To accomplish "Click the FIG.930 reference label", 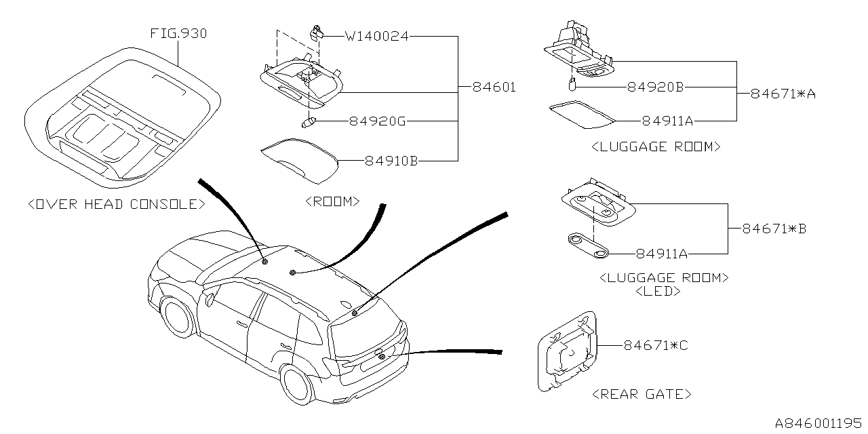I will [178, 33].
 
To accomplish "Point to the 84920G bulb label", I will [378, 121].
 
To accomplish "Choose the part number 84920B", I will [654, 87].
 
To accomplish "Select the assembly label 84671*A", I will [783, 94].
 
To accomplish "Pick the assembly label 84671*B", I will [774, 229].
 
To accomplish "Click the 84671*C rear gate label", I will [656, 346].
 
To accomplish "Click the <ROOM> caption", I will [332, 201].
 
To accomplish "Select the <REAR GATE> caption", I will [642, 394].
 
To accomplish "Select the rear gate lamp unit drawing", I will [567, 351].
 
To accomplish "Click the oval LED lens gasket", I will [588, 246].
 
